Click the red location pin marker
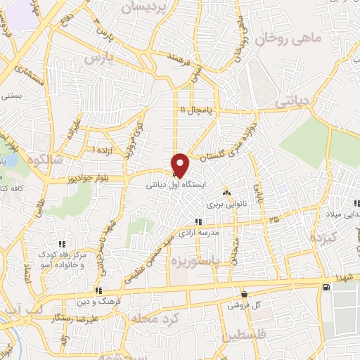pyautogui.click(x=181, y=165)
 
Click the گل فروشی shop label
pyautogui.click(x=244, y=306)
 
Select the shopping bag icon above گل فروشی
pyautogui.click(x=244, y=294)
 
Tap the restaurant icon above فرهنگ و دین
pyautogui.click(x=99, y=290)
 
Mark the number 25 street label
pyautogui.click(x=273, y=221)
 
